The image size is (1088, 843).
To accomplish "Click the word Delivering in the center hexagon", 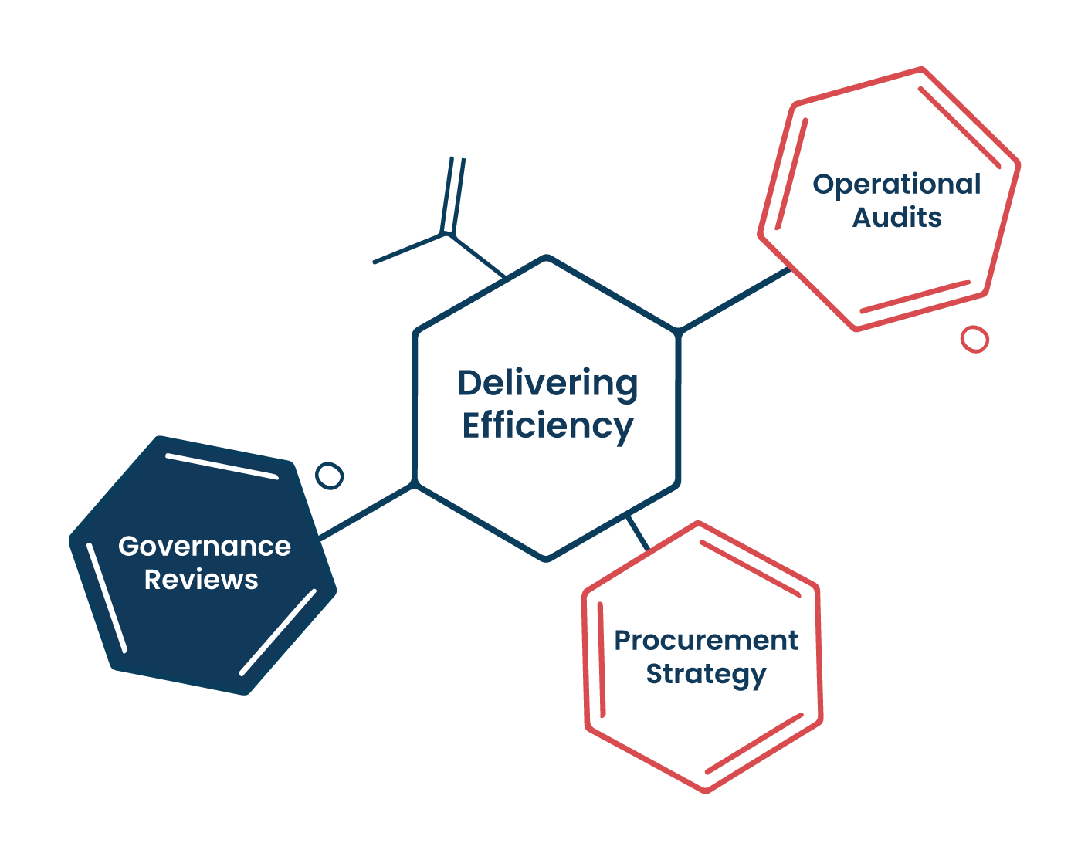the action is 547,384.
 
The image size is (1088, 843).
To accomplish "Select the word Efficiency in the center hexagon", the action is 547,426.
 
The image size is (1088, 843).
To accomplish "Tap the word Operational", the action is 896,185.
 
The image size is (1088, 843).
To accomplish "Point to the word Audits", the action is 896,218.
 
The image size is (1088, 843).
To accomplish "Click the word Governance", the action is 205,546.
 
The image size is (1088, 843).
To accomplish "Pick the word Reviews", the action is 202,580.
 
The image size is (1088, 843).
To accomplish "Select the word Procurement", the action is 706,641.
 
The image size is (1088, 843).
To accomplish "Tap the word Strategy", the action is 706,675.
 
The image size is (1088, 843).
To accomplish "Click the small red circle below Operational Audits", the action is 974,340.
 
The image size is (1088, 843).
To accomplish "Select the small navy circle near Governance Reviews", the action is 329,476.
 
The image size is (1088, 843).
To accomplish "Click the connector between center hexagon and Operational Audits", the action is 735,300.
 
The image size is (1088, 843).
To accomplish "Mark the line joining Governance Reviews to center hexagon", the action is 367,511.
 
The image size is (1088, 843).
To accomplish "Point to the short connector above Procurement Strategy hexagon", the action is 638,533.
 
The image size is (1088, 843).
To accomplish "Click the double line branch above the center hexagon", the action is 452,196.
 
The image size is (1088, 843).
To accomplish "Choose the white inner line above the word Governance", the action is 222,466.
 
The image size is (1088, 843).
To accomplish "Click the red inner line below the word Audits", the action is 915,297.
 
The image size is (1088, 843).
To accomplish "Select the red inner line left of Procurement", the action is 602,660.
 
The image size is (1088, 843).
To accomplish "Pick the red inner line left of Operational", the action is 791,174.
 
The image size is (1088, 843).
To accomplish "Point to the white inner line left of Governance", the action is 107,598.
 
